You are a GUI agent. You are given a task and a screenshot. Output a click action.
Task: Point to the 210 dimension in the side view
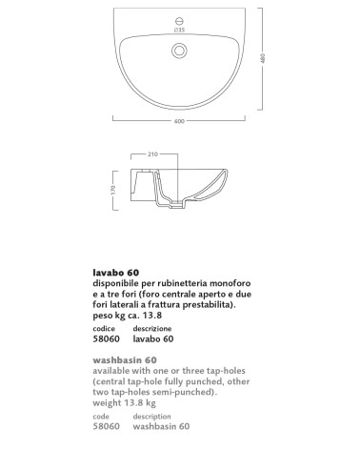click(x=154, y=153)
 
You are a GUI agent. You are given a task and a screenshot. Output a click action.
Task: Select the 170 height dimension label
click(x=112, y=189)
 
